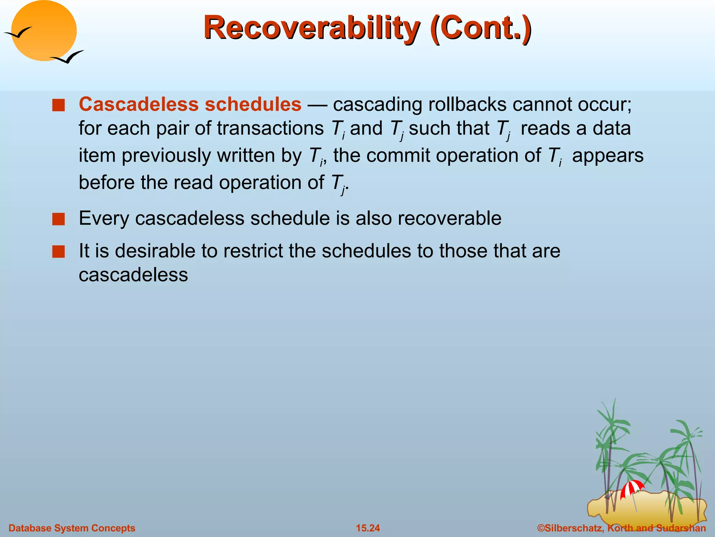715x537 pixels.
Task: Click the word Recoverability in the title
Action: [x=311, y=28]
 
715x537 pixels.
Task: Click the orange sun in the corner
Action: [x=44, y=31]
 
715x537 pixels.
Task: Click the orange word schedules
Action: [x=253, y=104]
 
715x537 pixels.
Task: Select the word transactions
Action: [x=270, y=128]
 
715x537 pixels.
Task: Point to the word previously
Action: [x=166, y=156]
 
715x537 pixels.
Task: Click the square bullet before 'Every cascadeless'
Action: [x=59, y=219]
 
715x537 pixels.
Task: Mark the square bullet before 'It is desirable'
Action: [x=59, y=252]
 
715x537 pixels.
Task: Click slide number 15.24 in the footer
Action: [x=368, y=528]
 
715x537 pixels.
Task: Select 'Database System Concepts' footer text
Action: [x=72, y=528]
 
